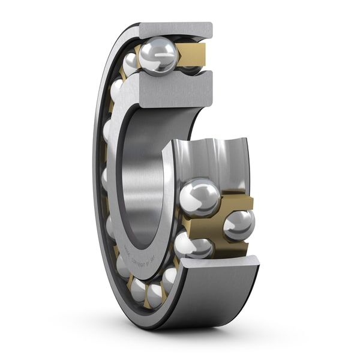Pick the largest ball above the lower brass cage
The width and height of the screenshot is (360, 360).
[199, 197]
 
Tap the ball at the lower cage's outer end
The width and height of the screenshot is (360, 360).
[239, 224]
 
